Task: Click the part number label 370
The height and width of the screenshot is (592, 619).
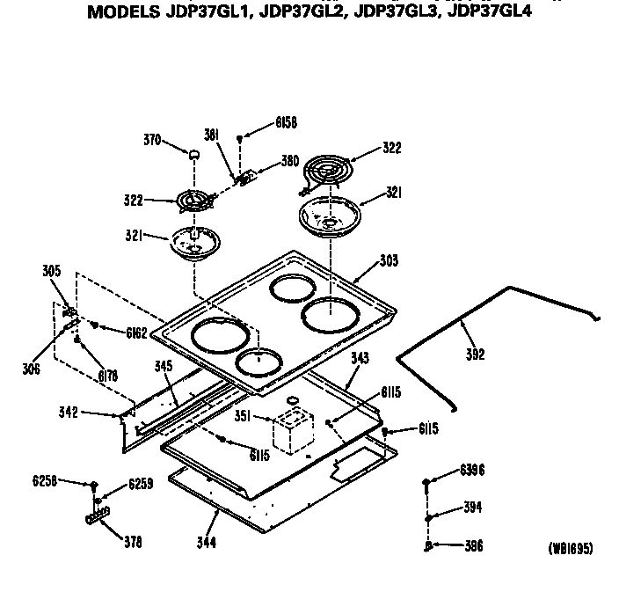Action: [x=153, y=139]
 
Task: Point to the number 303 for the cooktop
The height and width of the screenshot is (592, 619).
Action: [x=389, y=260]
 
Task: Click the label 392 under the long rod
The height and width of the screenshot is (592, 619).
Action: [x=475, y=354]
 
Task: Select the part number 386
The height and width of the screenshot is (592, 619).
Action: [x=473, y=545]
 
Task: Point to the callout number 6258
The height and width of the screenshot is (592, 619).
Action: [x=45, y=481]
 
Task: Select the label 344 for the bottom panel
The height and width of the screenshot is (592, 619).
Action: [x=208, y=542]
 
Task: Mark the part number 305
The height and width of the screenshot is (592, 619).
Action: [x=52, y=271]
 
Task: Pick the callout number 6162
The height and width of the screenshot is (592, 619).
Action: [x=135, y=333]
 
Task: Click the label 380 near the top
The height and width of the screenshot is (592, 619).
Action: [x=290, y=161]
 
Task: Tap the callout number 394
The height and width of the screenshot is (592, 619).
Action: [x=473, y=508]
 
